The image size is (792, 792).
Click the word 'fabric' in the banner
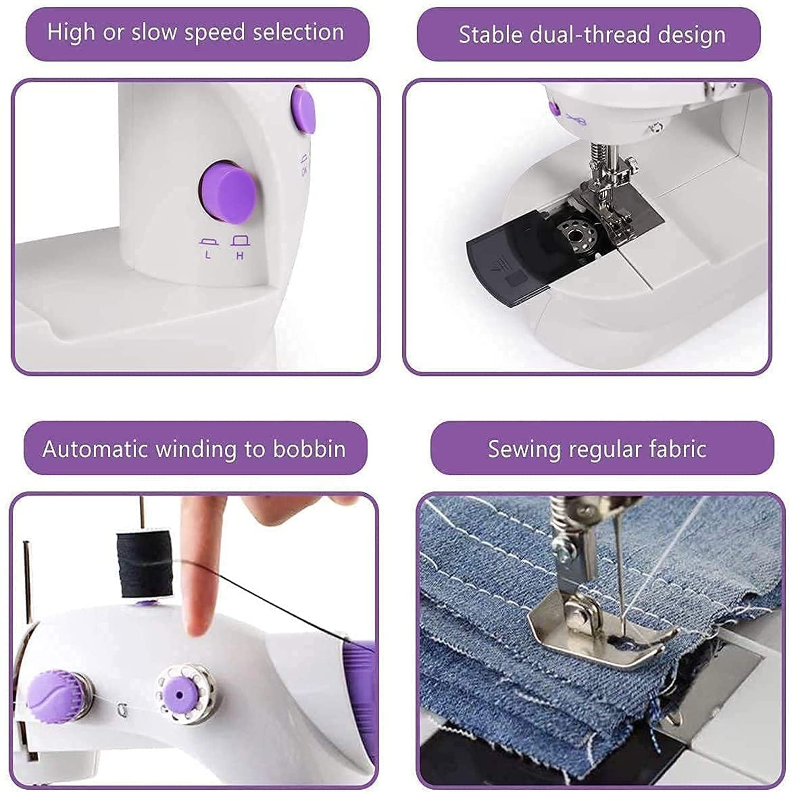[x=677, y=449]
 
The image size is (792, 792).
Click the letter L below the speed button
[x=208, y=256]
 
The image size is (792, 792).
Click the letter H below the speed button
[x=240, y=256]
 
